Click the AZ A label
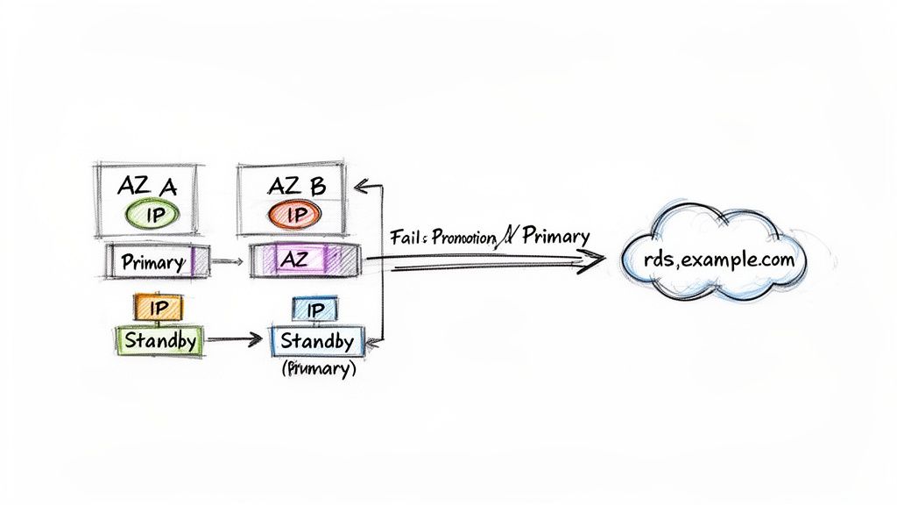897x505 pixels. pyautogui.click(x=146, y=185)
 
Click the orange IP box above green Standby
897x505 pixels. pyautogui.click(x=159, y=308)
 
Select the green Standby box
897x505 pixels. pyautogui.click(x=159, y=340)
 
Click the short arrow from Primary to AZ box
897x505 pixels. pyautogui.click(x=226, y=260)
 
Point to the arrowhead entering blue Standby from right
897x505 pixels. pyautogui.click(x=364, y=342)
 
